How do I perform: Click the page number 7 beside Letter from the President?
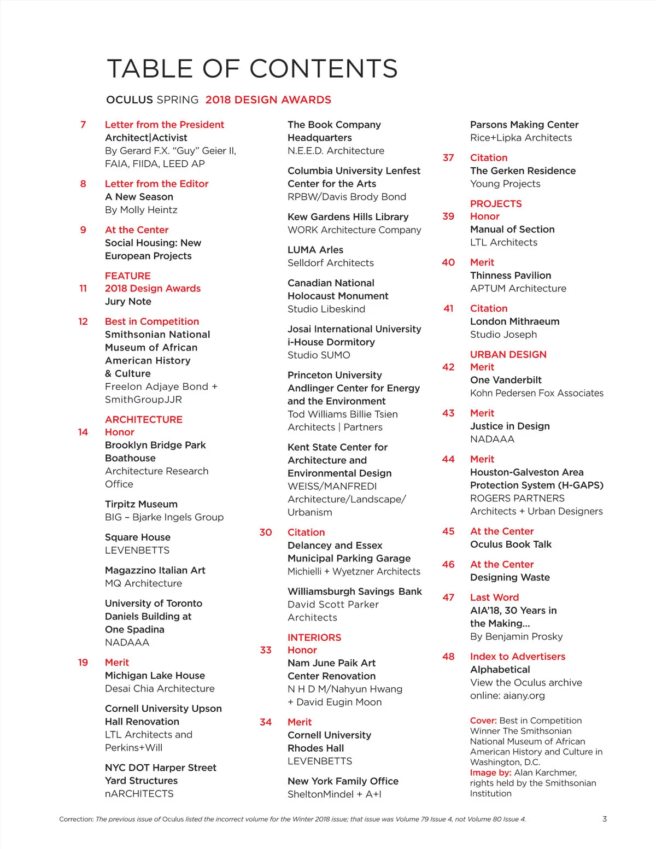(83, 125)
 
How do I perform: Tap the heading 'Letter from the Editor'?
(156, 184)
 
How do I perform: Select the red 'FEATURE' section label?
(127, 276)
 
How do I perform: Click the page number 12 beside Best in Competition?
(83, 321)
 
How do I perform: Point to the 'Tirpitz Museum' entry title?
(141, 504)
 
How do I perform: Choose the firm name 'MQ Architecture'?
(143, 583)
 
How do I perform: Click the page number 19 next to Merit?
(83, 663)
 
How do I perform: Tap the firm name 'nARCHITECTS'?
(139, 794)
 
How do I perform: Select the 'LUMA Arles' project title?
(315, 250)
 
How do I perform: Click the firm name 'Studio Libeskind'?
(326, 309)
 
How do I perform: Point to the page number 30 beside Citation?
(266, 532)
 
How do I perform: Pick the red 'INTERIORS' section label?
(314, 637)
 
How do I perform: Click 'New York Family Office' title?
(343, 781)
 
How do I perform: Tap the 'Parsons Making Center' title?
(524, 125)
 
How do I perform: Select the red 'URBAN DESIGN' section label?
(508, 354)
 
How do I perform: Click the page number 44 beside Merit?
(448, 459)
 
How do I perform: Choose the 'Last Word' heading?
(494, 598)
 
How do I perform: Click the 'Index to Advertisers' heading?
(518, 657)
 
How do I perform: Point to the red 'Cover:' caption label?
(483, 721)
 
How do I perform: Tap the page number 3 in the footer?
(605, 819)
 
